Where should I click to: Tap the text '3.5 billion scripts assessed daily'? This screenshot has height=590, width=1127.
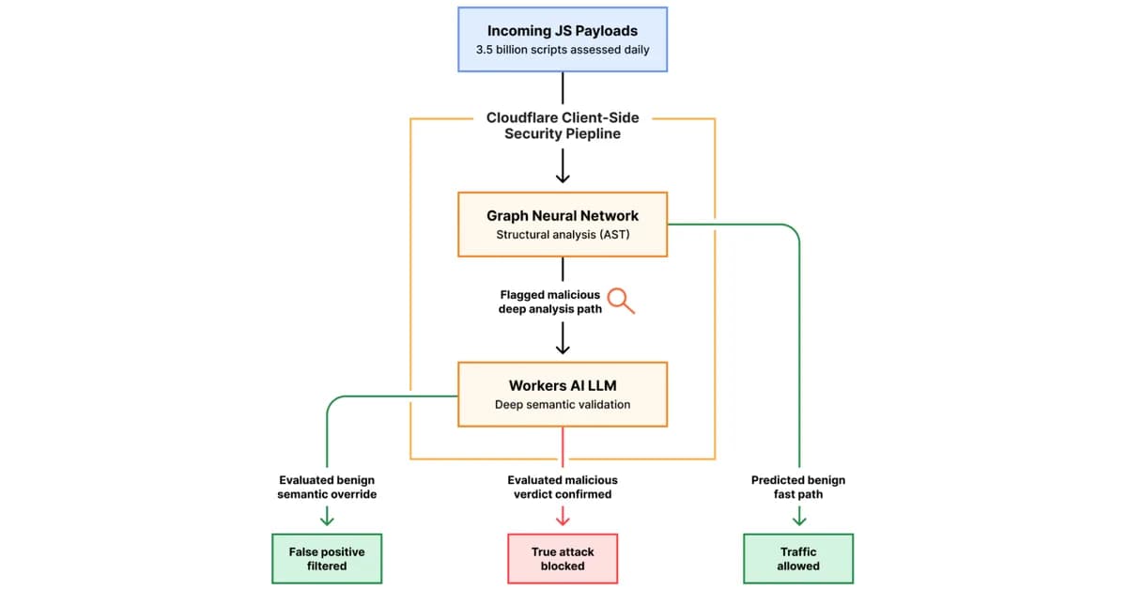click(x=563, y=50)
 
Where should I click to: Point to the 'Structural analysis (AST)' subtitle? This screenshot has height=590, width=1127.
click(x=563, y=235)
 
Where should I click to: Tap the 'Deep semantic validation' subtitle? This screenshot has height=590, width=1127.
click(x=563, y=405)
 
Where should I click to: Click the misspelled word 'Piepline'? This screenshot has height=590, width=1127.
click(x=592, y=134)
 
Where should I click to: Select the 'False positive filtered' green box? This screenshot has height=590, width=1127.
click(x=327, y=559)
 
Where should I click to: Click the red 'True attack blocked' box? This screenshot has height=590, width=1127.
click(x=563, y=559)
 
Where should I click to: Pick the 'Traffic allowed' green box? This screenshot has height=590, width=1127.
click(x=798, y=559)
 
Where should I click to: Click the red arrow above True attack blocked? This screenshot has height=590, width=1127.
click(x=563, y=516)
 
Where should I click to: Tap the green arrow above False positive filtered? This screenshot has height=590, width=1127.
click(x=327, y=516)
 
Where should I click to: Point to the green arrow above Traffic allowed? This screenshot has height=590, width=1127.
click(x=798, y=516)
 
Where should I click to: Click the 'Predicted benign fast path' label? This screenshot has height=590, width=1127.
click(x=798, y=487)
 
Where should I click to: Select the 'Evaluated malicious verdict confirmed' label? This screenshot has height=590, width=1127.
click(x=563, y=487)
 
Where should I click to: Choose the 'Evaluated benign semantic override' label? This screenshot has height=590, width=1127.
click(x=327, y=487)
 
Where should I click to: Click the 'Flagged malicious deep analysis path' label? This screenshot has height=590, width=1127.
click(x=549, y=302)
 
